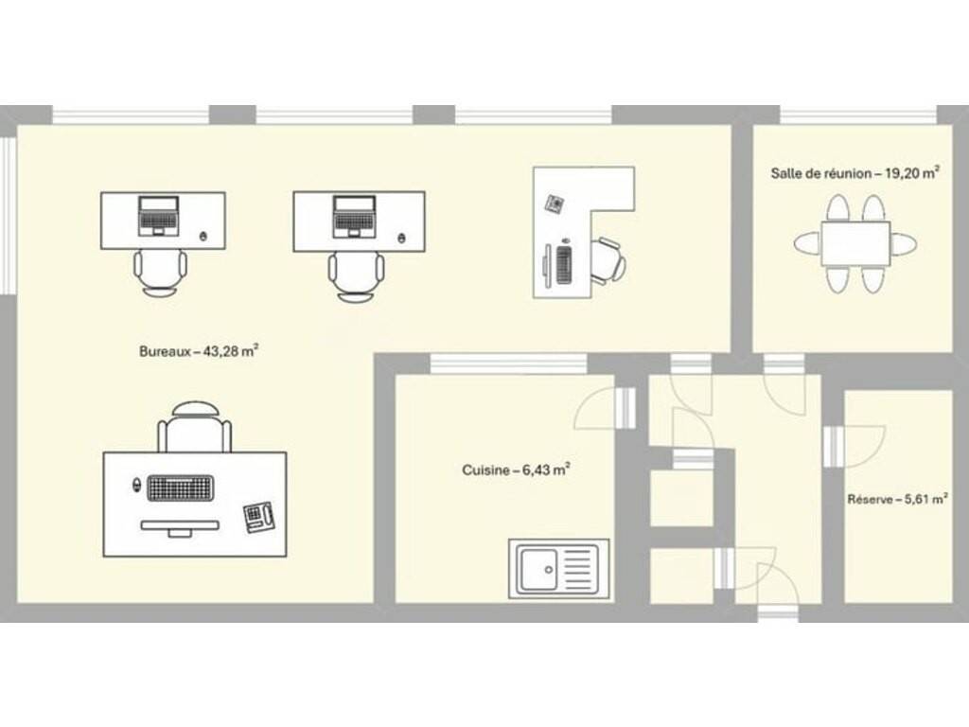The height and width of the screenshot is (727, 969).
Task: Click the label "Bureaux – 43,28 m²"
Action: click(x=199, y=351)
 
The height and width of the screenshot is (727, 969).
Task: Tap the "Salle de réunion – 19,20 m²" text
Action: click(x=855, y=172)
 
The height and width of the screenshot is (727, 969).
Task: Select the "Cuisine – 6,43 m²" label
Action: click(x=516, y=470)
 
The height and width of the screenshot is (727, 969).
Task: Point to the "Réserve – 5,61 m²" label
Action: click(x=897, y=499)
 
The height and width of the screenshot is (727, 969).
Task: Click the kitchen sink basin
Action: click(x=538, y=569)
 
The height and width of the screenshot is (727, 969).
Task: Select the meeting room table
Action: click(x=855, y=244)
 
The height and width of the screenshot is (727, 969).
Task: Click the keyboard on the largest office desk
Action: click(x=180, y=488)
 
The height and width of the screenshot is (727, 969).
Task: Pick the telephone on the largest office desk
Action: click(x=259, y=517)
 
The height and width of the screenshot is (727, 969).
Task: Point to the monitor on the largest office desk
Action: click(x=180, y=527)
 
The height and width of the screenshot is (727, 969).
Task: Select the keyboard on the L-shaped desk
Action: click(x=564, y=265)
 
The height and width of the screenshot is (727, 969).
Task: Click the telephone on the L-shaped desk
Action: click(x=554, y=204)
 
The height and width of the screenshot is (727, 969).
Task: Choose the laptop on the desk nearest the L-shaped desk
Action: click(x=354, y=216)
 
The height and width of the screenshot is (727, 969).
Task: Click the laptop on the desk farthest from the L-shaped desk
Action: click(x=159, y=216)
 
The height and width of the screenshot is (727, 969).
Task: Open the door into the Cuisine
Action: click(x=626, y=408)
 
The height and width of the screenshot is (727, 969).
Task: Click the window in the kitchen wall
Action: click(x=508, y=364)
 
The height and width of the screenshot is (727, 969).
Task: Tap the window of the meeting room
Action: click(x=858, y=115)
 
